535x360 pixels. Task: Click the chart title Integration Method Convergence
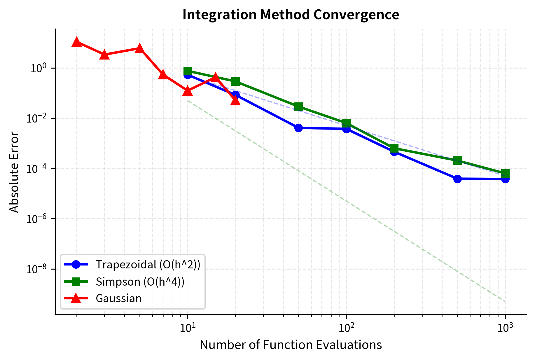[291, 15]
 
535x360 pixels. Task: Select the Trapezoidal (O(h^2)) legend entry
[148, 264]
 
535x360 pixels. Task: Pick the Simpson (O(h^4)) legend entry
[140, 282]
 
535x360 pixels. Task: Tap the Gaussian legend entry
[118, 298]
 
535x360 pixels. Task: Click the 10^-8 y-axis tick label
[37, 269]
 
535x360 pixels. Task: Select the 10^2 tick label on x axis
[346, 329]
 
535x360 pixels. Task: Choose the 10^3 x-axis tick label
[505, 329]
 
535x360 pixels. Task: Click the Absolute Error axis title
[14, 172]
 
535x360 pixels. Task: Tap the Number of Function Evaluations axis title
[291, 345]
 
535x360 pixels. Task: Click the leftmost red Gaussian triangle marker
[77, 42]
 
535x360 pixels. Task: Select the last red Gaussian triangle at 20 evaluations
[235, 100]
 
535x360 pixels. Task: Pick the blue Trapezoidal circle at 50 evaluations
[298, 128]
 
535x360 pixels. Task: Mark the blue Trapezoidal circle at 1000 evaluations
[505, 179]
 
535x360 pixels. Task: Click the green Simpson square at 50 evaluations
[298, 107]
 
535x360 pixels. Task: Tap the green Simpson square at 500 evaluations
[457, 160]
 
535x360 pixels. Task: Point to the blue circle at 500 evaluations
[457, 179]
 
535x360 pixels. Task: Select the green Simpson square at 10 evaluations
[188, 71]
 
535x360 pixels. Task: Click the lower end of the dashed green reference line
[505, 301]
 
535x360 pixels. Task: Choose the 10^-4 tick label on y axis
[37, 169]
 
